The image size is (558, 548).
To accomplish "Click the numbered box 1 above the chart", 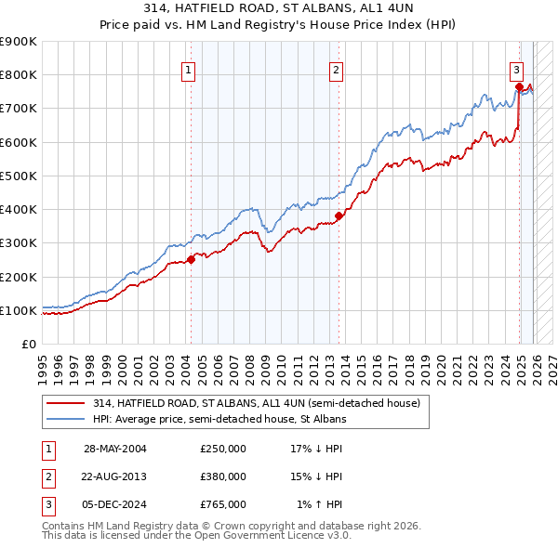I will (x=189, y=69).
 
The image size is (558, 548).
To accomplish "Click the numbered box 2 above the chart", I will (x=336, y=69).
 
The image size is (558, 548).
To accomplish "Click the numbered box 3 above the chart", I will (x=516, y=69).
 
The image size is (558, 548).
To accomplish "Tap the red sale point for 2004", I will (x=192, y=259).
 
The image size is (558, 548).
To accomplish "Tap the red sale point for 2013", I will (x=339, y=215).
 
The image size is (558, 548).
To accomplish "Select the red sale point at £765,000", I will (x=519, y=86).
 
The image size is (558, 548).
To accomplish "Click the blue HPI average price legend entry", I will (x=219, y=420).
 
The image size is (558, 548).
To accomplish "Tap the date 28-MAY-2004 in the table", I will (x=115, y=449).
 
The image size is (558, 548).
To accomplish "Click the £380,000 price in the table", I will (x=223, y=476).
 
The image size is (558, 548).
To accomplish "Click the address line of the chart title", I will (x=279, y=9).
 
